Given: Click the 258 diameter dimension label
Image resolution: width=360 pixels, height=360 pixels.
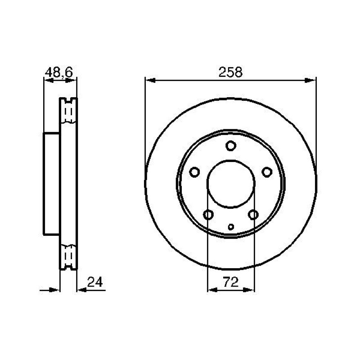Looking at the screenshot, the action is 230,72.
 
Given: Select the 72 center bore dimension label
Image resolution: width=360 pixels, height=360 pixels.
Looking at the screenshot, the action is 231,282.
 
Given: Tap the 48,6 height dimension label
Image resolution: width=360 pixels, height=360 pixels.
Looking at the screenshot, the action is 59,72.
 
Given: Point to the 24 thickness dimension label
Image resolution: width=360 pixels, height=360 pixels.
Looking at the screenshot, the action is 95,282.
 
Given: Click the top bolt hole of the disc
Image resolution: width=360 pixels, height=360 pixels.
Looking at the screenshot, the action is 231,146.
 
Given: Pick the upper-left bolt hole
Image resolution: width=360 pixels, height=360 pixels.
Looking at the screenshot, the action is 194,172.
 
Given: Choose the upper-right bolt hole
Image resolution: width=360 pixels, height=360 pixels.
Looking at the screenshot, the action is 267,172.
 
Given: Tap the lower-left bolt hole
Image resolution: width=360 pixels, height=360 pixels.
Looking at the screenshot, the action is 208,215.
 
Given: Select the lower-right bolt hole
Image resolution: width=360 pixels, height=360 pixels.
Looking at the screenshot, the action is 253,215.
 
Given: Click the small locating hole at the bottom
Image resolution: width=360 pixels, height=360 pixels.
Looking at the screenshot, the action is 231,227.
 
